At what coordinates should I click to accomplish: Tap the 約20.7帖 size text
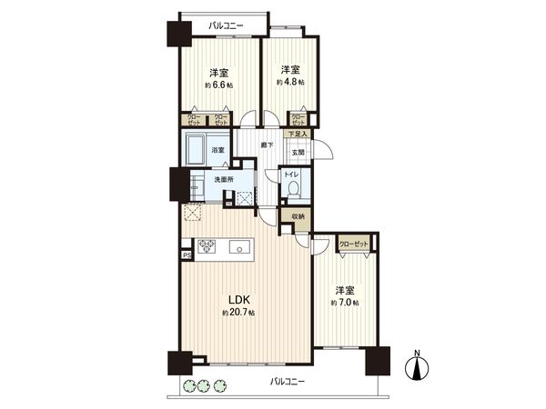click(x=239, y=313)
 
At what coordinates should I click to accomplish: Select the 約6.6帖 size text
click(x=218, y=85)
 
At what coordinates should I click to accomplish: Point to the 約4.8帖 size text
click(x=290, y=82)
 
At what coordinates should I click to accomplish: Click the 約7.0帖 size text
click(x=345, y=302)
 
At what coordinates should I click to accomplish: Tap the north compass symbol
click(x=418, y=366)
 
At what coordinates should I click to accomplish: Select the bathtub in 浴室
click(x=197, y=149)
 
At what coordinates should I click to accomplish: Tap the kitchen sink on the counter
click(x=239, y=245)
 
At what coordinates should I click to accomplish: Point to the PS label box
click(x=187, y=255)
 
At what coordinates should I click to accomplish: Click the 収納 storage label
click(x=298, y=216)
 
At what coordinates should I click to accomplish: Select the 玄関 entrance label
click(x=298, y=152)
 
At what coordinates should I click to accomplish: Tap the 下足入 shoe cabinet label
click(x=298, y=135)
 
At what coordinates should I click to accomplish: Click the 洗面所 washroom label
click(x=224, y=180)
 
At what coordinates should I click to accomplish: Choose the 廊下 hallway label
click(x=267, y=145)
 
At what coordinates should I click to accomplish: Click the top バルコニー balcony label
click(x=223, y=26)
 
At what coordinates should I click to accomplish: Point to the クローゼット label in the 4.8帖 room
click(x=298, y=119)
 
